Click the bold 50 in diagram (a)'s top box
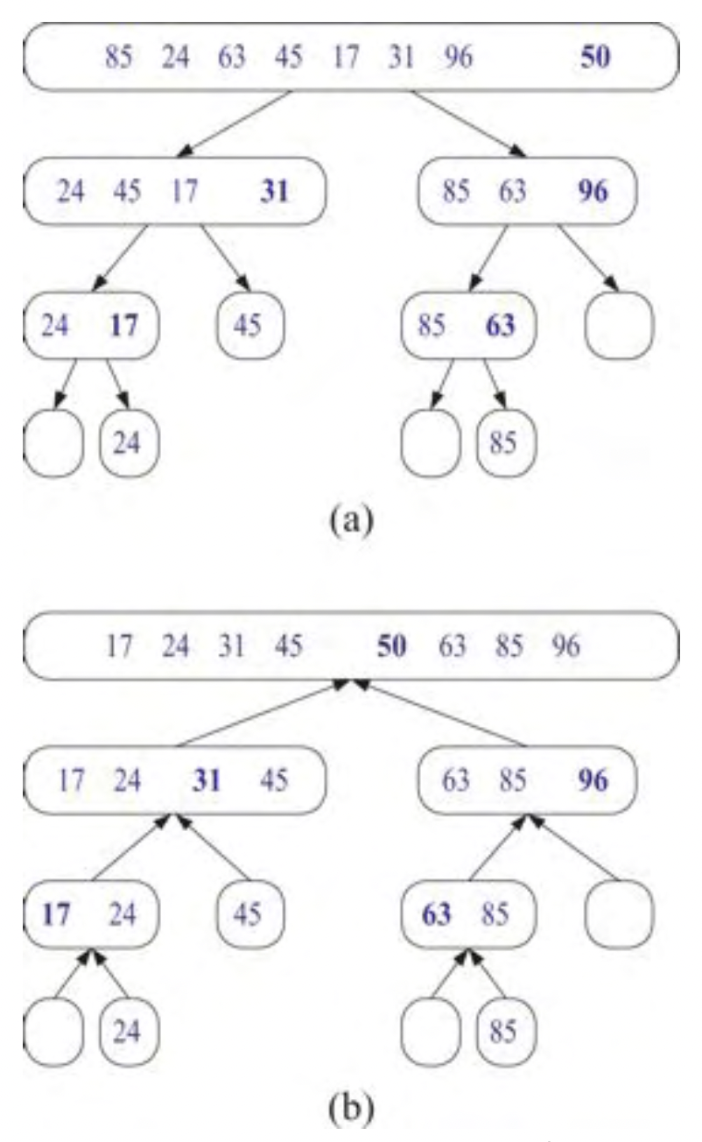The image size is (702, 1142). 595,58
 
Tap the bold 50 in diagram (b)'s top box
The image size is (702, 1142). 393,647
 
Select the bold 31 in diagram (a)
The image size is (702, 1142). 275,191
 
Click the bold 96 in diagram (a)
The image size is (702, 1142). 593,191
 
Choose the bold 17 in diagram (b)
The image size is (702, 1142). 55,913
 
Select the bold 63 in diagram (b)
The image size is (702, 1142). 436,913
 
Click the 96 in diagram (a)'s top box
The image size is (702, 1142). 457,59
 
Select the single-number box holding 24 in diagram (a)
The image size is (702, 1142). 129,441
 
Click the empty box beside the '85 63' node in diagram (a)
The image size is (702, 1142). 619,325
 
